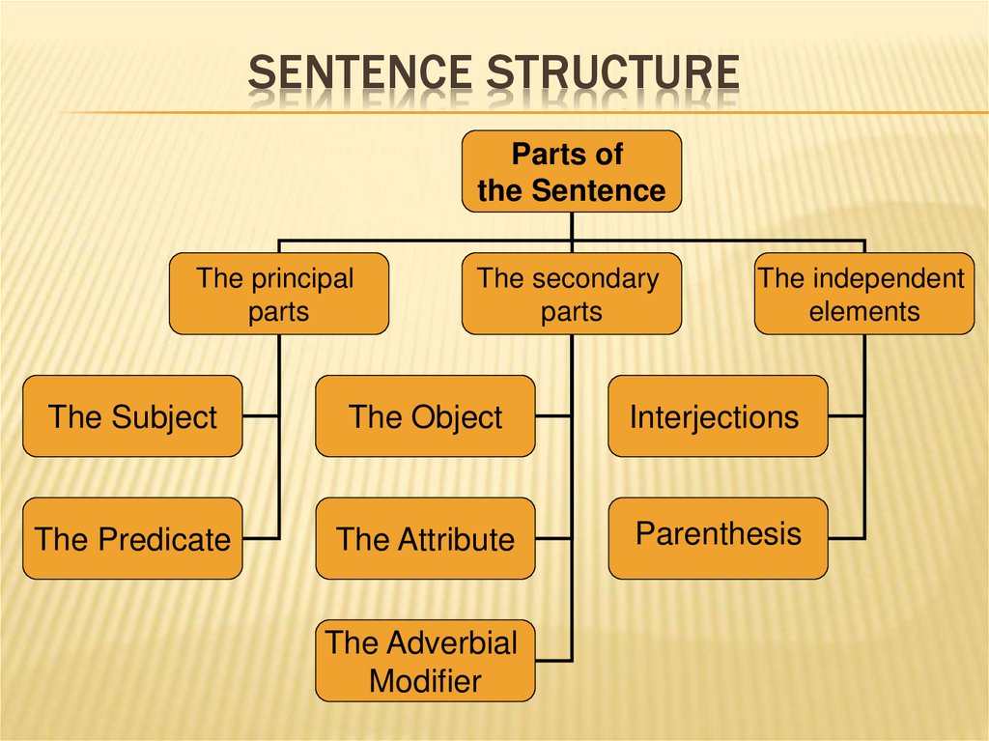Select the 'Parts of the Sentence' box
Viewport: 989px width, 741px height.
click(x=572, y=172)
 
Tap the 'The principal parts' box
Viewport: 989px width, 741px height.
click(x=278, y=294)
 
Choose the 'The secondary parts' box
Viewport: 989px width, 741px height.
click(x=572, y=294)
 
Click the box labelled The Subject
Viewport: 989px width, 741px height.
click(x=133, y=416)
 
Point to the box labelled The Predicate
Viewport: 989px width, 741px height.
click(x=133, y=538)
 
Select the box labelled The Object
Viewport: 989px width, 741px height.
click(x=425, y=416)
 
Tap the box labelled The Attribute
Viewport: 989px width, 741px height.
click(x=425, y=538)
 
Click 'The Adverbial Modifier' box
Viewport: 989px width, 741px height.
click(x=425, y=661)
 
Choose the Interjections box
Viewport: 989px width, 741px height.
click(x=718, y=416)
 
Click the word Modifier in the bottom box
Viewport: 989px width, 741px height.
click(x=425, y=681)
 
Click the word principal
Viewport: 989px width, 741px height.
click(x=302, y=279)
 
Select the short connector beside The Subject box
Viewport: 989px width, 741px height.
click(x=261, y=416)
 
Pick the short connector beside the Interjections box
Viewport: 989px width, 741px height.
click(x=846, y=416)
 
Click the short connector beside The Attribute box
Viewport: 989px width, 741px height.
click(x=553, y=538)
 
